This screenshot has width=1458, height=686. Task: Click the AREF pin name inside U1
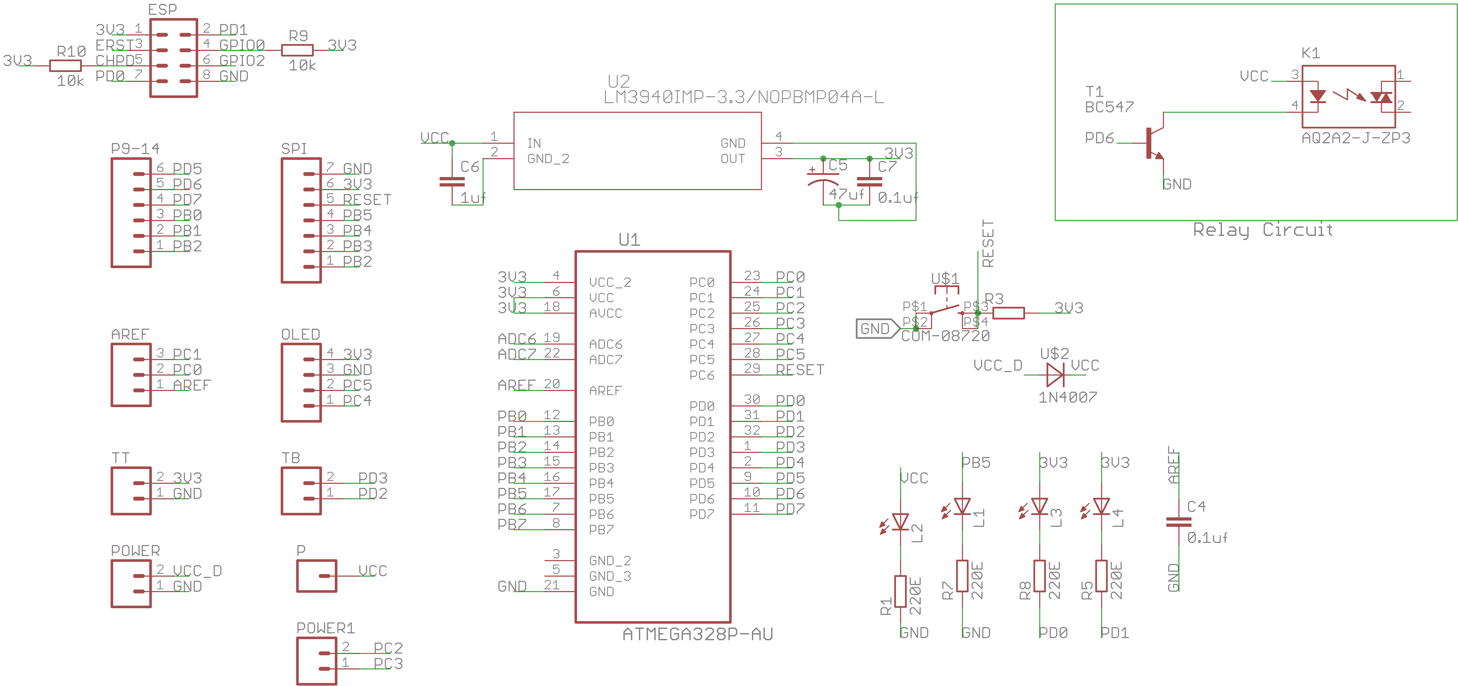click(605, 391)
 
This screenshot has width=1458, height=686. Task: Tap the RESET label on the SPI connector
click(367, 200)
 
